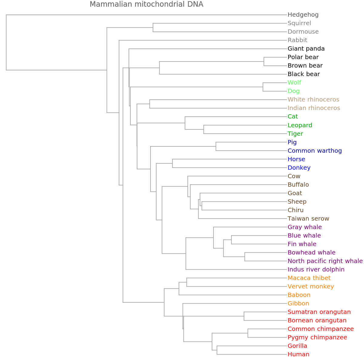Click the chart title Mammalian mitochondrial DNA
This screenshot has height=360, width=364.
[147, 4]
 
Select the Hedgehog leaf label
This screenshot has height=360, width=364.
[303, 15]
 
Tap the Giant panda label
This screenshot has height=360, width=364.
[306, 48]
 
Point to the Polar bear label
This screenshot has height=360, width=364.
[303, 57]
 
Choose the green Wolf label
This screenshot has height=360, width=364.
[294, 82]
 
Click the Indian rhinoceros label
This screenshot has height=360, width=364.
[314, 108]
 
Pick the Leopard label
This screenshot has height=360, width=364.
[300, 125]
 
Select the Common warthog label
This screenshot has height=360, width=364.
[315, 151]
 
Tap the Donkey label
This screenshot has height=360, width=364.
[299, 168]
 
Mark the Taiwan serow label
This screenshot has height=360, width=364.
[308, 218]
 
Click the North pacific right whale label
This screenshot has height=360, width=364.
[325, 261]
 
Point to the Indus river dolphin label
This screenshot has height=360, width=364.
[316, 269]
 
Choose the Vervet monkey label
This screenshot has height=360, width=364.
[311, 286]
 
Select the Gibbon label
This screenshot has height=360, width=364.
[298, 303]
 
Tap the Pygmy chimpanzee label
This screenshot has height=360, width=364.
[317, 337]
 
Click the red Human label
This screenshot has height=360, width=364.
[298, 354]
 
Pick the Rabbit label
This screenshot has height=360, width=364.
[297, 40]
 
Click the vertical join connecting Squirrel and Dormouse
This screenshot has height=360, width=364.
[153, 27]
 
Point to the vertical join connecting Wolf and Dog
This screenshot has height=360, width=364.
[263, 87]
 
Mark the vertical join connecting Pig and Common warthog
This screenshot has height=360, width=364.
[216, 146]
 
